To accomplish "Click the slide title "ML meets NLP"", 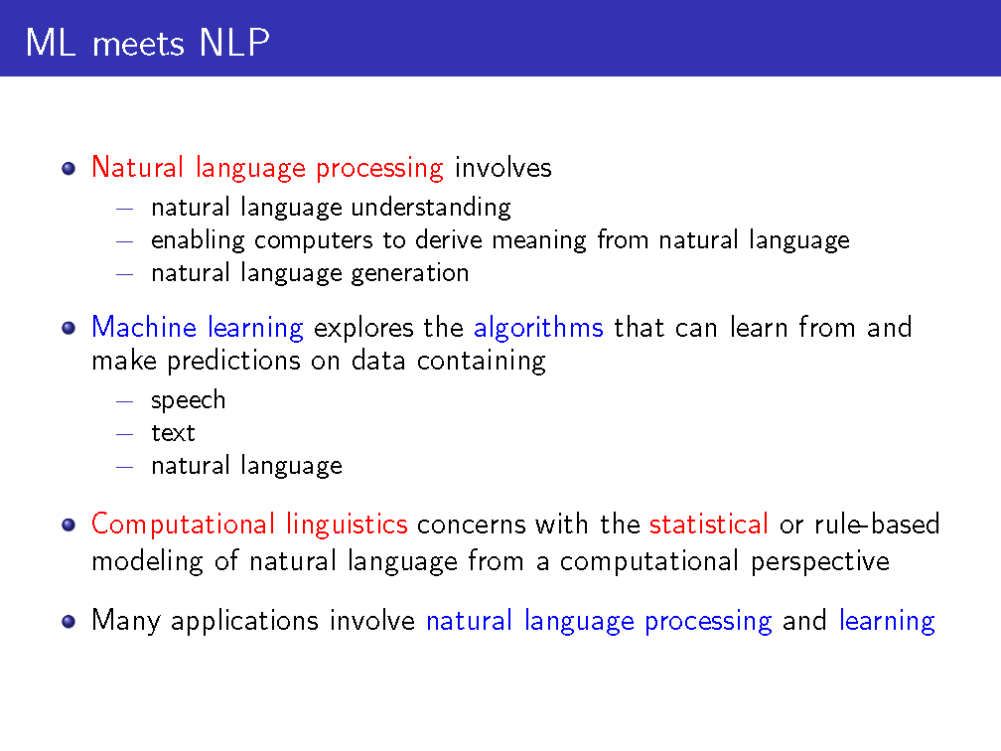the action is pos(147,43).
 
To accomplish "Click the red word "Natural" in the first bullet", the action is pos(138,167).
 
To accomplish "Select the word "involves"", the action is pos(503,168).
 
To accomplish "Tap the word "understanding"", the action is pos(431,208).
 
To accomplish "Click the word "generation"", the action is pos(410,273).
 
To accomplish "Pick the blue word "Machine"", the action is pos(144,327).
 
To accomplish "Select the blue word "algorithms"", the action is pos(538,328).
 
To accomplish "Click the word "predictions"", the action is pos(233,361).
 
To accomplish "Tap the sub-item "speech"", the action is pos(189,400).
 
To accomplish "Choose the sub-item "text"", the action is pos(173,433).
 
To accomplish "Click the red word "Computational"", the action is pos(183,525).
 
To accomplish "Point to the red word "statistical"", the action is pos(709,525).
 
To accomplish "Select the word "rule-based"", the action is pos(877,525).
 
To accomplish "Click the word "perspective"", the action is pos(819,562).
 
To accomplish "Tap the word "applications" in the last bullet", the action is pos(244,621).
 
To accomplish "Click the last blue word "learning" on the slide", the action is pos(887,621).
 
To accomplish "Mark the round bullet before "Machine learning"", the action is pos(69,328).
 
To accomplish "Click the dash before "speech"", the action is pos(124,401).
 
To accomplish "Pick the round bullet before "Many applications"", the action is pos(69,622).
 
